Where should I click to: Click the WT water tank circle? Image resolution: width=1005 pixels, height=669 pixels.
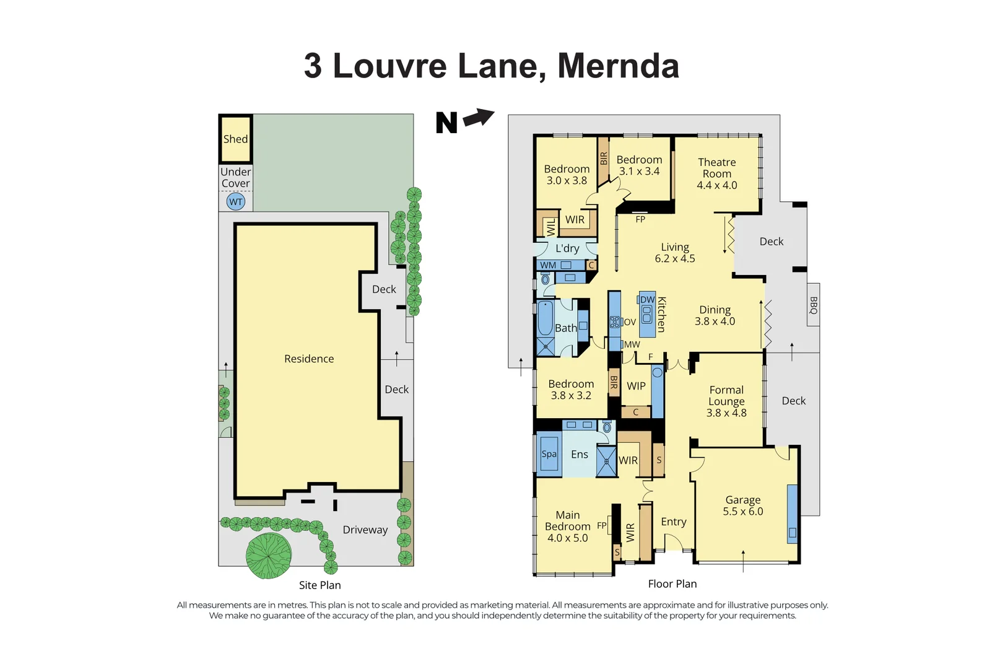click(x=236, y=201)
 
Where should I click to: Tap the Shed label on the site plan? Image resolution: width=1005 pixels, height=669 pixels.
click(x=235, y=139)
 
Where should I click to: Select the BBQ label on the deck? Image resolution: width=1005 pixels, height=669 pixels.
click(x=814, y=305)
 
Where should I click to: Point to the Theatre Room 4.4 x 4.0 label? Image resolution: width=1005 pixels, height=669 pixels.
click(x=716, y=173)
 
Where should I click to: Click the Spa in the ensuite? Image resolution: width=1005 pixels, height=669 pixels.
click(x=549, y=454)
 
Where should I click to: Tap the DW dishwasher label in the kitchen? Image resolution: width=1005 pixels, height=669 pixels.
click(x=647, y=300)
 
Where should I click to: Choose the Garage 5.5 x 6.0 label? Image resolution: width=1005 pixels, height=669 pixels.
click(x=742, y=505)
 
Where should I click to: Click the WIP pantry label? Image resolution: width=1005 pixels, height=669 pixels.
click(x=636, y=386)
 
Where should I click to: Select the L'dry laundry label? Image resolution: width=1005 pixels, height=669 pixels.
click(x=567, y=248)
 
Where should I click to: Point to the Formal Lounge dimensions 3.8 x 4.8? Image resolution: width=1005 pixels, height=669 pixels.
click(x=726, y=413)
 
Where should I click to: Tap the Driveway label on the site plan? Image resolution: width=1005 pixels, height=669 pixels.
click(x=365, y=530)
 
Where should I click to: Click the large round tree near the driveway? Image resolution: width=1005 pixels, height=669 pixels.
click(x=269, y=556)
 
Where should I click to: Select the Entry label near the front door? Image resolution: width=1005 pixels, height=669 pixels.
click(x=673, y=522)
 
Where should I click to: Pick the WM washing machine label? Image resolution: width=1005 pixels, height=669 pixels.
click(x=548, y=265)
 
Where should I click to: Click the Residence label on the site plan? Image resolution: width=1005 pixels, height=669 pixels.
click(x=308, y=359)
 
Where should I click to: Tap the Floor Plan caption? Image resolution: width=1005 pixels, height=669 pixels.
click(x=672, y=584)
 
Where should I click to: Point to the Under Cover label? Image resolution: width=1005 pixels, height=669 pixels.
click(x=235, y=177)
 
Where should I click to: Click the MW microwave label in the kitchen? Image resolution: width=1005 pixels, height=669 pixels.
click(x=632, y=344)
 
